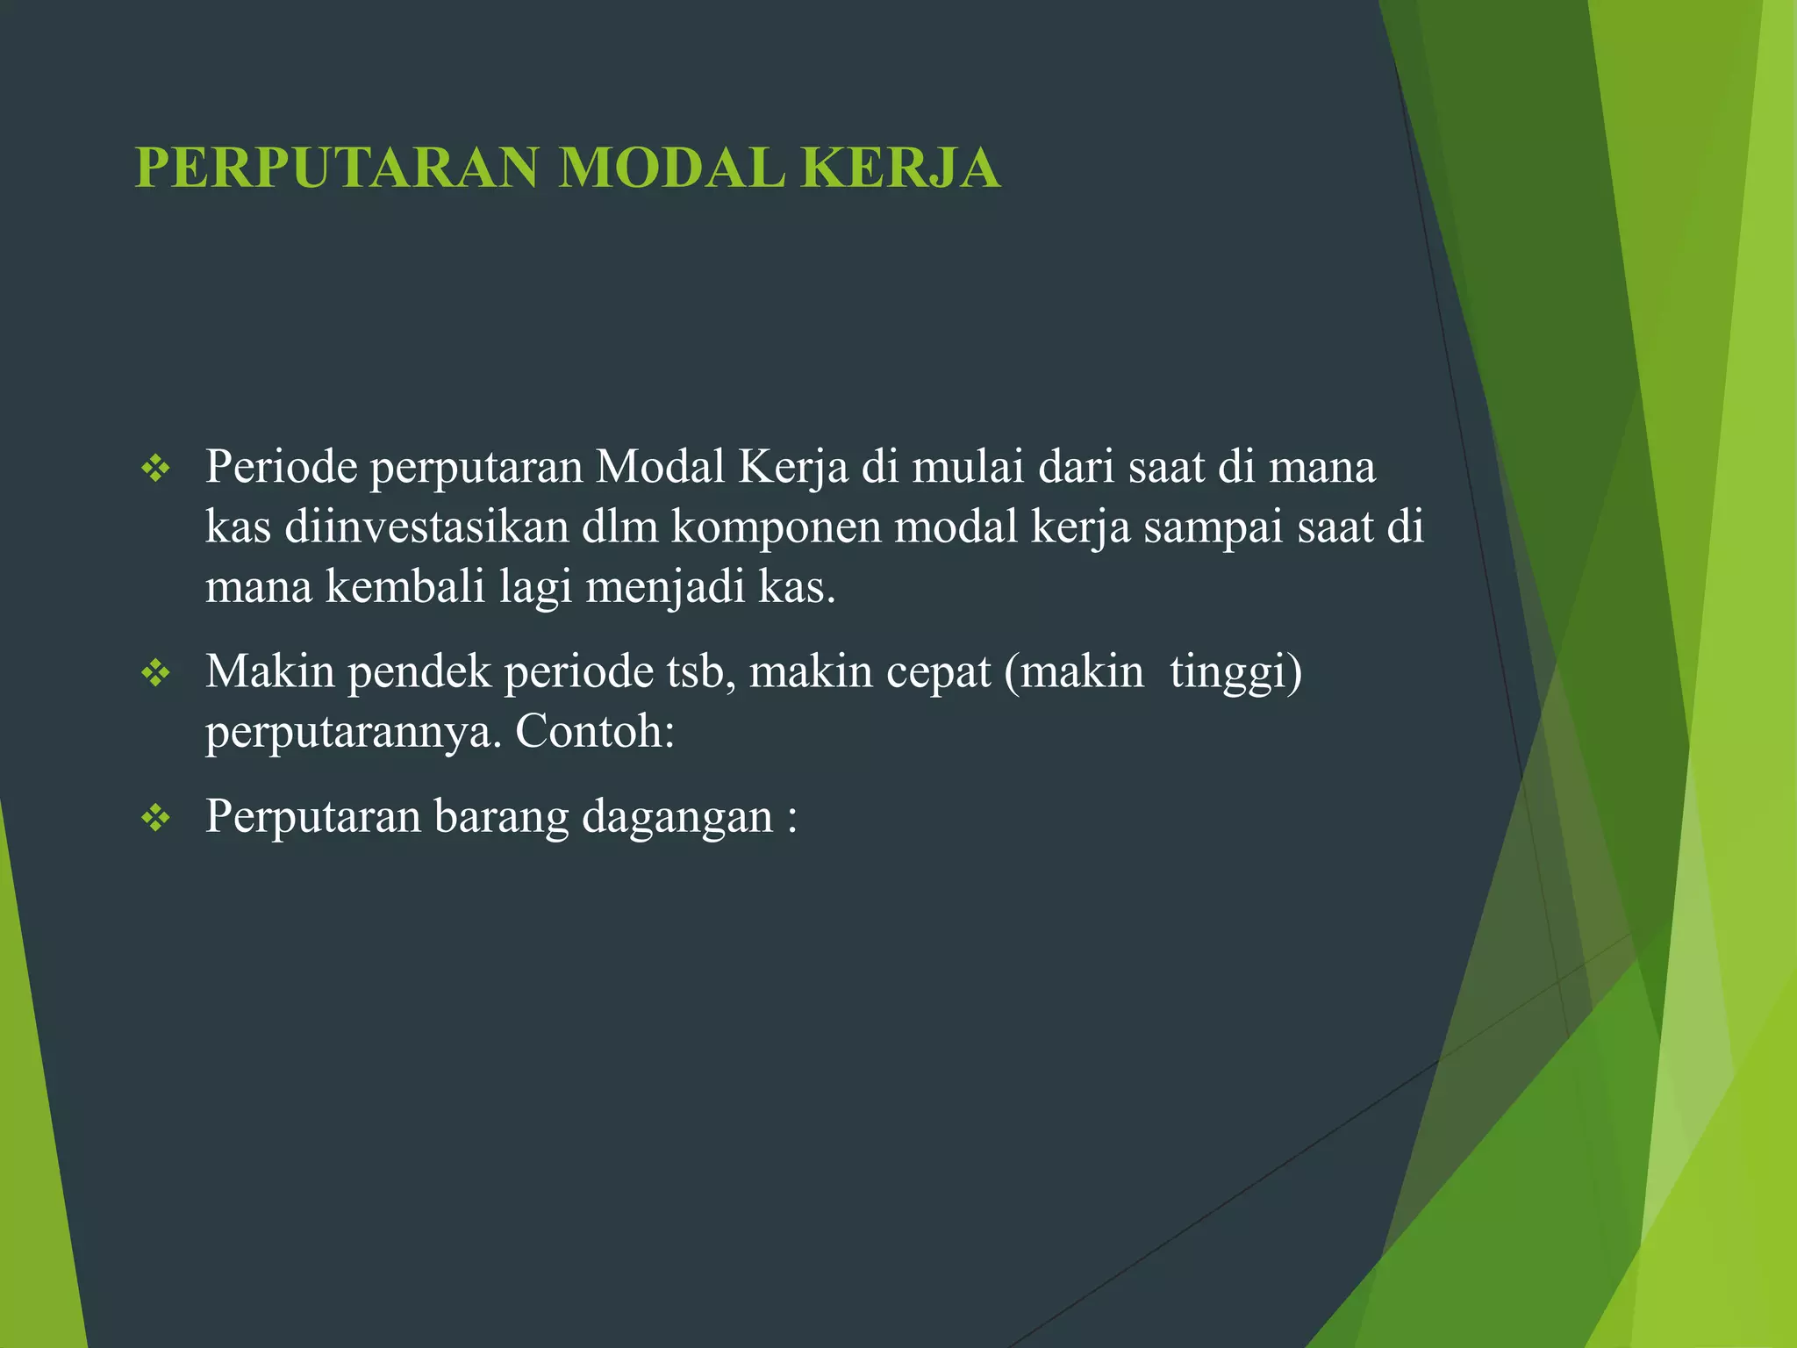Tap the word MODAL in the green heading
(x=671, y=168)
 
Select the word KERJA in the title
(x=900, y=168)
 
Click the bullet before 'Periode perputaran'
(x=156, y=469)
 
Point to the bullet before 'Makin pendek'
(x=156, y=673)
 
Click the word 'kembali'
(x=405, y=586)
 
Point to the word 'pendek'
(x=419, y=672)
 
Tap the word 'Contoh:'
(x=595, y=731)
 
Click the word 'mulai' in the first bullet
(x=968, y=467)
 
